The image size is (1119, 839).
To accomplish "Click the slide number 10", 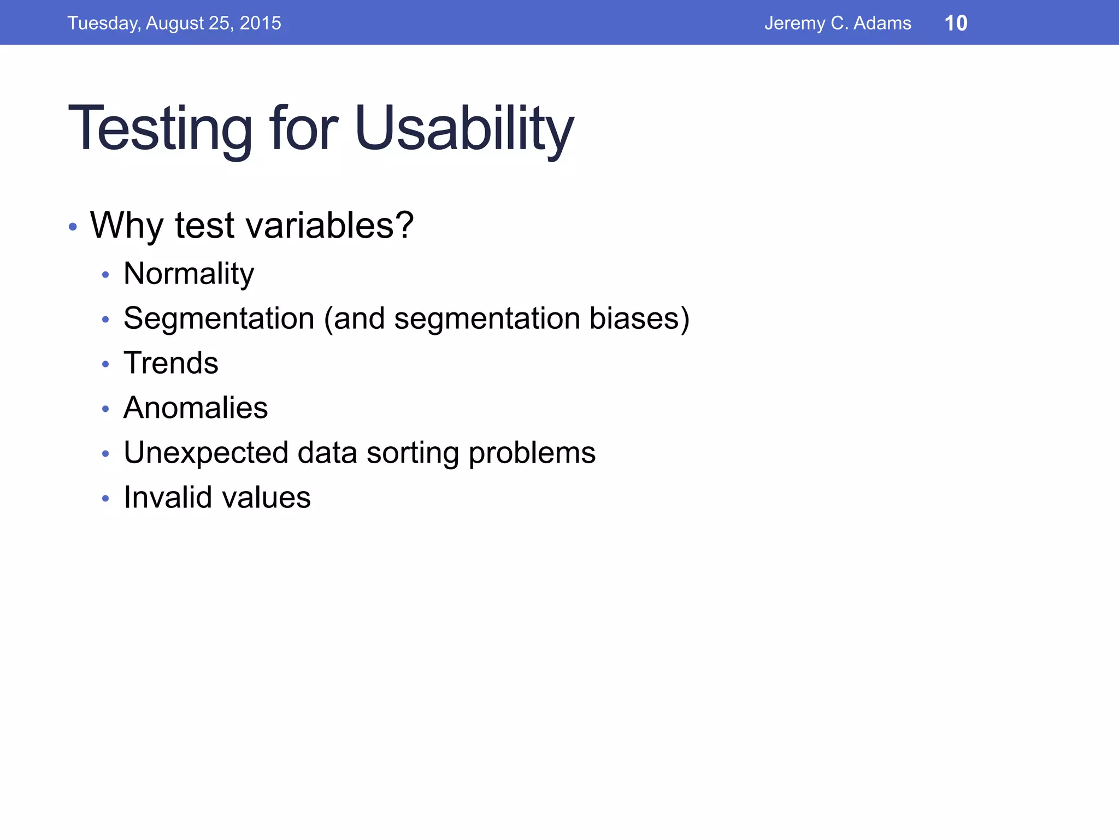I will [956, 23].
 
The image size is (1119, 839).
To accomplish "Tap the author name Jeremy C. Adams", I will [837, 23].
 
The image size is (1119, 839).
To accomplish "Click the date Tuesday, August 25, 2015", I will [174, 23].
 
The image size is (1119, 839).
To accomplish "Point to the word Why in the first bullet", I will [126, 226].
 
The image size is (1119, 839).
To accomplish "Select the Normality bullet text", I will [189, 274].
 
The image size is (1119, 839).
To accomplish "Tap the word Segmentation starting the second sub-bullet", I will [219, 318].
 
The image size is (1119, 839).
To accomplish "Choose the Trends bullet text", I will [170, 363].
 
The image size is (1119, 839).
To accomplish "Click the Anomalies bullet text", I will [196, 408].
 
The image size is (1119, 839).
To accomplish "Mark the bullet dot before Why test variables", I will [73, 226].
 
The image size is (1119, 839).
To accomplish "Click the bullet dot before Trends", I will [105, 364].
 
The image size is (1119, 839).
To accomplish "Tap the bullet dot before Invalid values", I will [105, 499].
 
